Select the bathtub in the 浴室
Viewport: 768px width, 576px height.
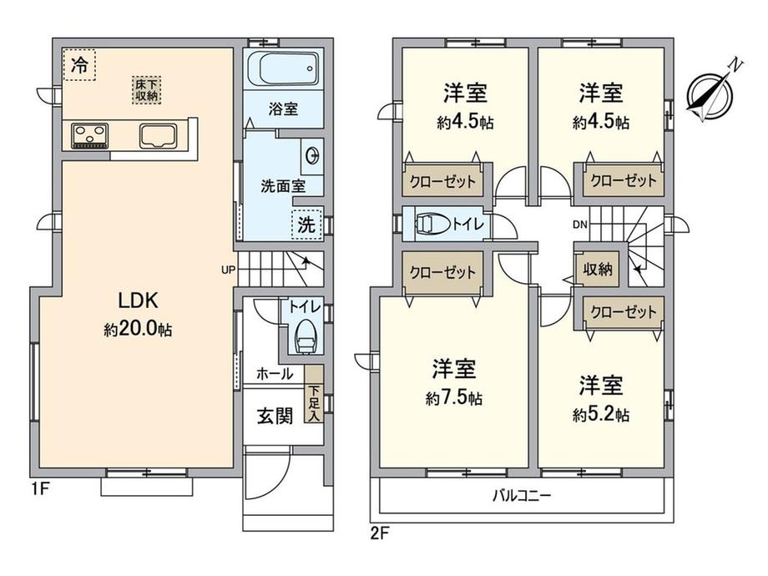[x=282, y=68]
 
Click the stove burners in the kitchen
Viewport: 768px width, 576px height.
[x=88, y=134]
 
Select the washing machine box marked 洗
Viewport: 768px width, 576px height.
[x=307, y=225]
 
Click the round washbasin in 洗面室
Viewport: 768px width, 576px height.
[x=313, y=155]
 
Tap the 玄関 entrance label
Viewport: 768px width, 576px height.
[x=273, y=415]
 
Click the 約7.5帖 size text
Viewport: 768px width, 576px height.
[x=453, y=399]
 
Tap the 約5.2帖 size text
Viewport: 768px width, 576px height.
[x=601, y=415]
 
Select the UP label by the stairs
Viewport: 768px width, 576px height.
[x=228, y=270]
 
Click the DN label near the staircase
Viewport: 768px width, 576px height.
[x=579, y=225]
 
